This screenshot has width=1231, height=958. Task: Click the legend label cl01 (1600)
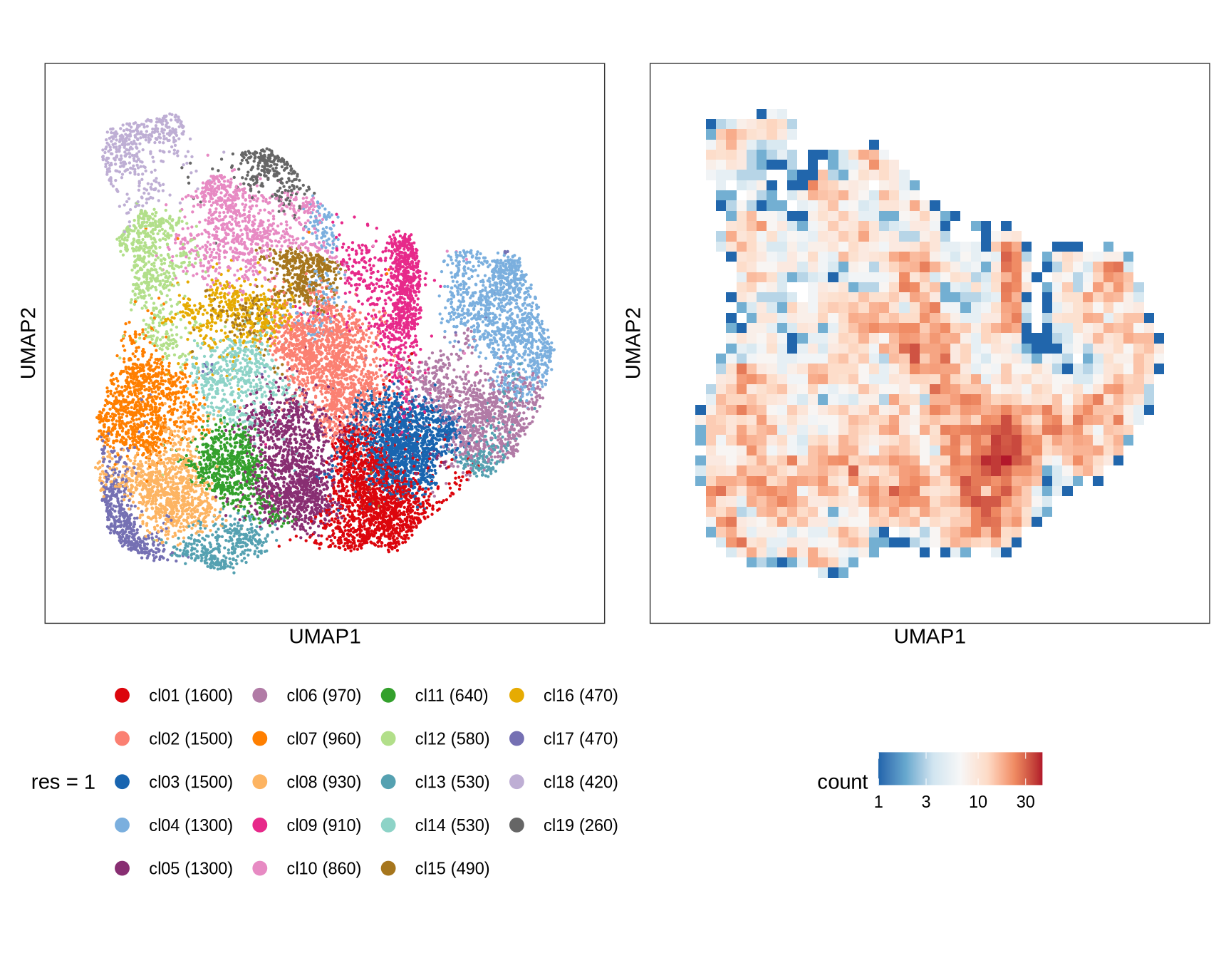pyautogui.click(x=190, y=696)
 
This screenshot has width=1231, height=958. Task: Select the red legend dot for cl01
pyautogui.click(x=123, y=696)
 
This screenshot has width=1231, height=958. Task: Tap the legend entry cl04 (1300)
pyautogui.click(x=190, y=825)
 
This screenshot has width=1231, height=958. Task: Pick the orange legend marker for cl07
pyautogui.click(x=260, y=739)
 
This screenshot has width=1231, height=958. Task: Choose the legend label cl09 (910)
pyautogui.click(x=323, y=825)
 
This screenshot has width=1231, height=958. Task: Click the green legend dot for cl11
pyautogui.click(x=388, y=696)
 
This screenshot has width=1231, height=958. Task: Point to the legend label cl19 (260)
pyautogui.click(x=580, y=825)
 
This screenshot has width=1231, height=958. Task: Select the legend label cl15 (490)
pyautogui.click(x=452, y=869)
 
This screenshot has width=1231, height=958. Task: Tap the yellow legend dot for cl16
pyautogui.click(x=517, y=696)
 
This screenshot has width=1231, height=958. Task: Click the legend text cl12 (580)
pyautogui.click(x=452, y=739)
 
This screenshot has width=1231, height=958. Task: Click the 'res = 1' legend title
pyautogui.click(x=63, y=783)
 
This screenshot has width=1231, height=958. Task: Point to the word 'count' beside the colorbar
pyautogui.click(x=842, y=783)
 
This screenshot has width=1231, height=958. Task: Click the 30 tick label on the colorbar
pyautogui.click(x=1025, y=803)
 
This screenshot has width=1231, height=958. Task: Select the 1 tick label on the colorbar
pyautogui.click(x=878, y=803)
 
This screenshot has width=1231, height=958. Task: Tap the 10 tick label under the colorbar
pyautogui.click(x=977, y=803)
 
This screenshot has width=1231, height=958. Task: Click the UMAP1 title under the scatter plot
pyautogui.click(x=325, y=637)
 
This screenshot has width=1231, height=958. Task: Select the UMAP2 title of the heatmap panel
pyautogui.click(x=633, y=343)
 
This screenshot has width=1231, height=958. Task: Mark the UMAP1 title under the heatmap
pyautogui.click(x=930, y=637)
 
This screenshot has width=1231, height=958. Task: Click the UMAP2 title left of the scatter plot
pyautogui.click(x=28, y=343)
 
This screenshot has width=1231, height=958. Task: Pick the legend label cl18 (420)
pyautogui.click(x=580, y=783)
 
